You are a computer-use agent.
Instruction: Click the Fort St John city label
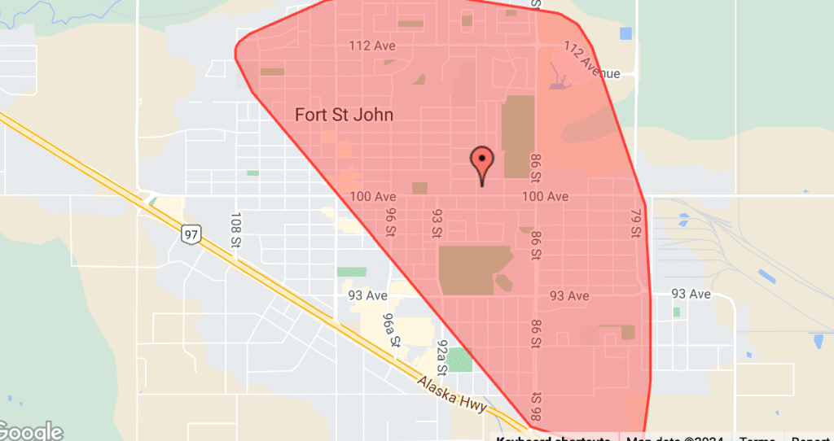point(344,115)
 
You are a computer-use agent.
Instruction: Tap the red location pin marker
point(483,166)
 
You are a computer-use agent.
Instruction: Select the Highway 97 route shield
point(191,234)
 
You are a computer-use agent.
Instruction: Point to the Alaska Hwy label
point(452,394)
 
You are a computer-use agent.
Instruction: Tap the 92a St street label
point(443,356)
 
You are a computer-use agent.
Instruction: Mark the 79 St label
point(636,222)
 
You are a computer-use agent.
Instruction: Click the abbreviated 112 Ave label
point(372,46)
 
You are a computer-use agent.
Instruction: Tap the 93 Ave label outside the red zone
point(690,294)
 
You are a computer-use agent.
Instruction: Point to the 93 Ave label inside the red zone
point(569,295)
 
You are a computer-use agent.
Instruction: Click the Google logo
point(31,431)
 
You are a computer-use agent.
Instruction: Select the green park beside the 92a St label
point(460,359)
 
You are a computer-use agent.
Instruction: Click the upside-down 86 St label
point(536,402)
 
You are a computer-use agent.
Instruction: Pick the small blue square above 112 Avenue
point(625,33)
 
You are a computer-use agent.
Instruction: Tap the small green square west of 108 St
point(252,172)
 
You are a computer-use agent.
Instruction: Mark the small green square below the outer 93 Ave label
point(676,312)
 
